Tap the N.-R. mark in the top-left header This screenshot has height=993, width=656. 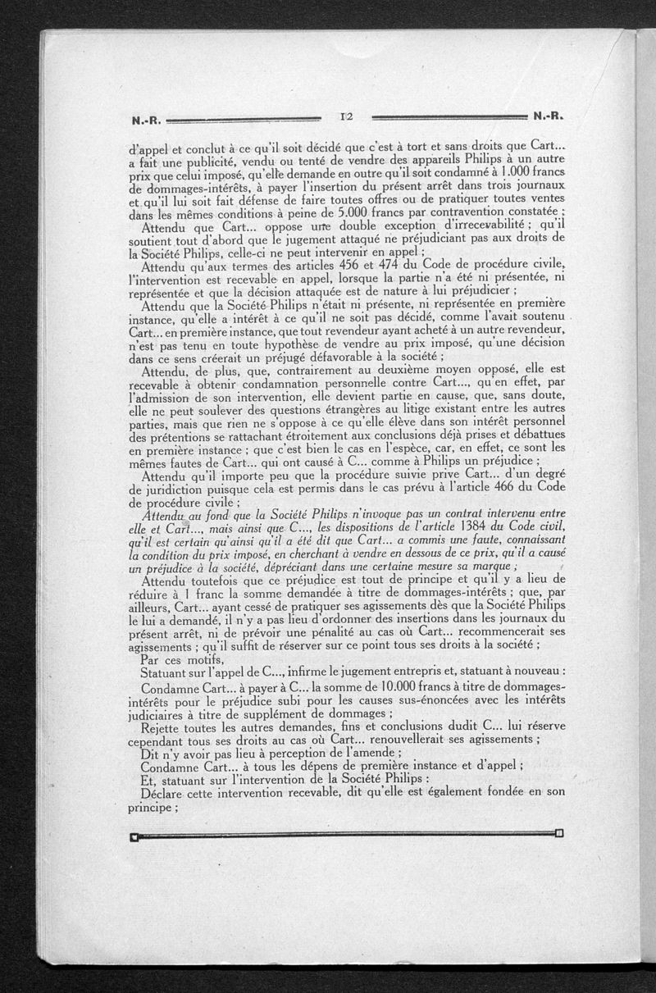[147, 120]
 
